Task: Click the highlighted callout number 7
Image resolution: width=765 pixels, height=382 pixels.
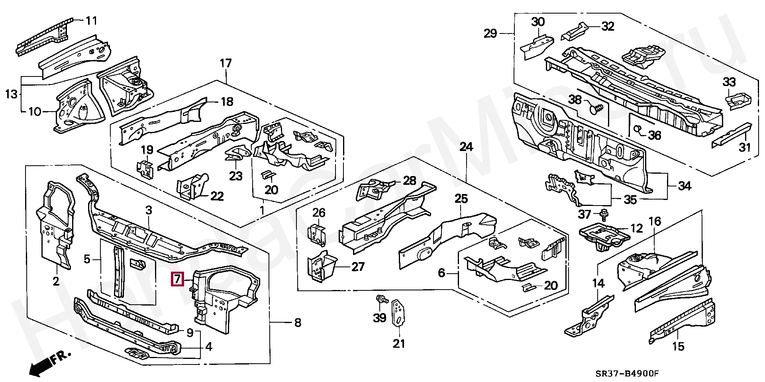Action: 177,279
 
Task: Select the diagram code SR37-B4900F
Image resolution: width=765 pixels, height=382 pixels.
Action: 628,374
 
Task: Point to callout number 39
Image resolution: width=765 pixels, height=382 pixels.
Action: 380,318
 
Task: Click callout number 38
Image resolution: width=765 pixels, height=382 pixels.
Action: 575,100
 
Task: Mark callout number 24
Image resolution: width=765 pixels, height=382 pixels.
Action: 466,147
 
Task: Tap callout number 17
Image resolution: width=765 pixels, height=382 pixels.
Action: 226,63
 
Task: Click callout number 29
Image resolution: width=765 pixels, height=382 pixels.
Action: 490,33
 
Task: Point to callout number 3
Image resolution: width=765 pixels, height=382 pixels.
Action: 148,210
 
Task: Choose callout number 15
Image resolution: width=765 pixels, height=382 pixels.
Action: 678,347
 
